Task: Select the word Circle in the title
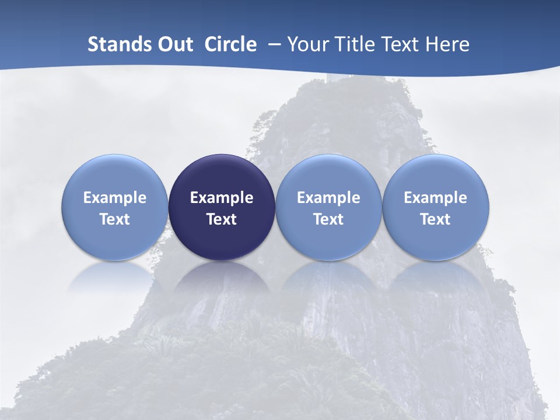point(230,44)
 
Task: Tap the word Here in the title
point(447,44)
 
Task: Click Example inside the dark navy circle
point(222,198)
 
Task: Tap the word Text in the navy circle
point(222,219)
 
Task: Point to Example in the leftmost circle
point(114,198)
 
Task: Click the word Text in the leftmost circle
point(114,219)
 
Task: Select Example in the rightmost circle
point(436,198)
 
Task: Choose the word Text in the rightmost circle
point(436,219)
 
